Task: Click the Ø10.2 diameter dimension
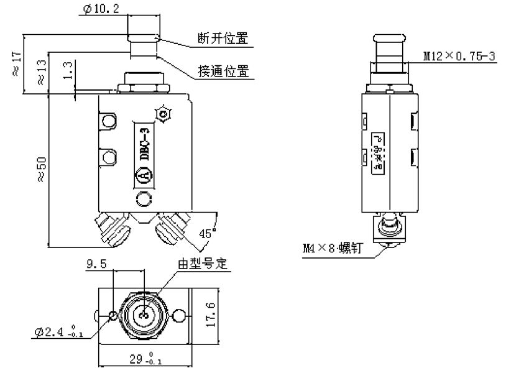point(101,9)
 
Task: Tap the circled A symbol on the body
point(144,177)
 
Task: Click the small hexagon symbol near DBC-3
point(165,114)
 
